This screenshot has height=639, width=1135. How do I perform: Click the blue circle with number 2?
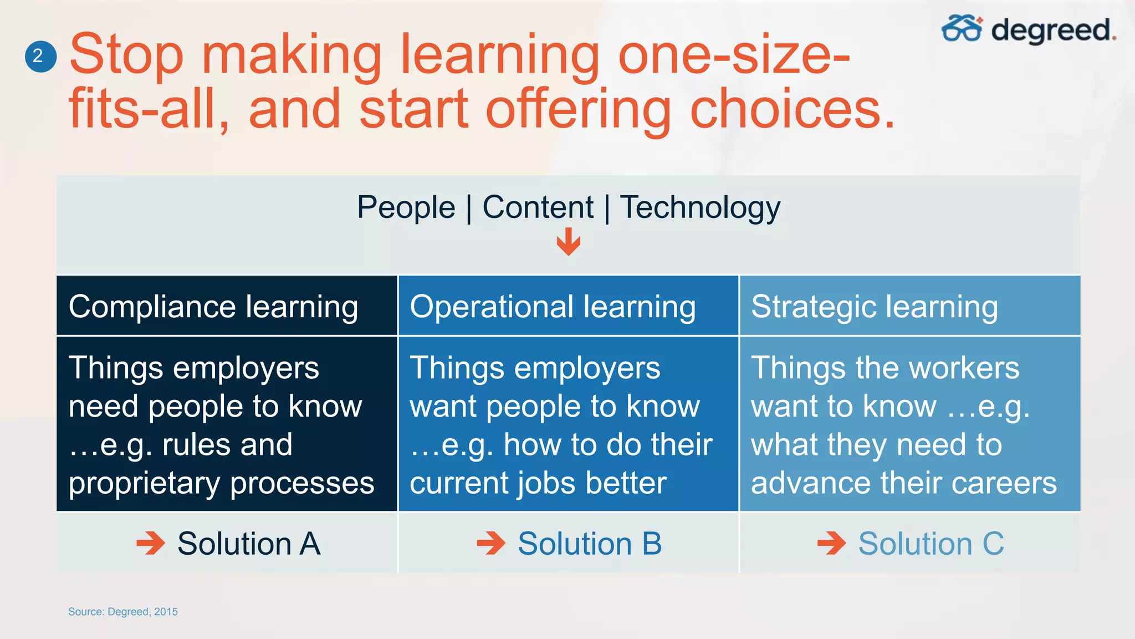click(x=40, y=56)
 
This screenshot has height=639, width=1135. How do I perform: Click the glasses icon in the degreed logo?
click(x=962, y=29)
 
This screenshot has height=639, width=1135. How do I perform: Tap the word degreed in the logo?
click(x=1052, y=30)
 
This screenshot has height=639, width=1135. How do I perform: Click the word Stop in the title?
click(x=126, y=54)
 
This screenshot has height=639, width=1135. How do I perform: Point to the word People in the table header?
click(x=406, y=207)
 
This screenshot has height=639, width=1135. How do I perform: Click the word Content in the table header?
click(x=538, y=207)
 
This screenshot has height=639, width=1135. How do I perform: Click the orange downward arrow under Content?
click(x=568, y=242)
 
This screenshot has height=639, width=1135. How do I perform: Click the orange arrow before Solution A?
click(x=151, y=543)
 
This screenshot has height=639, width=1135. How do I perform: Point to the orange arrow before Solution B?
click(x=491, y=543)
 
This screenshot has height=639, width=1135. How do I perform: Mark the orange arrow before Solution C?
click(x=831, y=543)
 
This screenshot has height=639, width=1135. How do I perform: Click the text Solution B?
click(x=590, y=543)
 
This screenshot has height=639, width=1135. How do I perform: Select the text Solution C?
click(x=931, y=543)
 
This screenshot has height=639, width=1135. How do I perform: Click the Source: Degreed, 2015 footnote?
click(x=123, y=611)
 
